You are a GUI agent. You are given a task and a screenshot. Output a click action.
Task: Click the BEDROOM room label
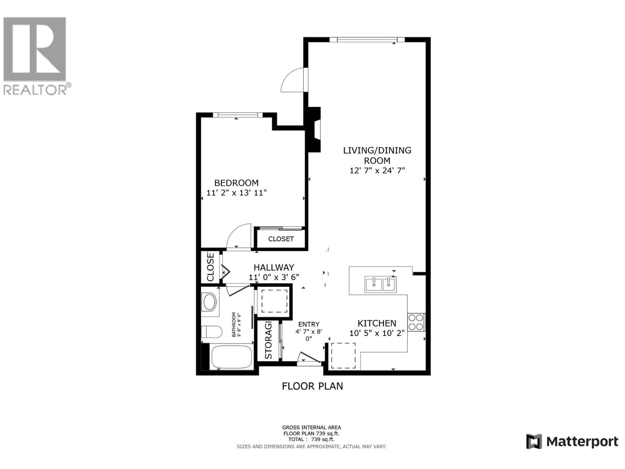[x=236, y=183]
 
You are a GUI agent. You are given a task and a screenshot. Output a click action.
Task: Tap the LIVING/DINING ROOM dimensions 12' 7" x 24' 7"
[x=377, y=170]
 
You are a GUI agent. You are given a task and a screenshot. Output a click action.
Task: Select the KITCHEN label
[x=377, y=323]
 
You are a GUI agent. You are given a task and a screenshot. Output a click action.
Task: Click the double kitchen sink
[x=380, y=284]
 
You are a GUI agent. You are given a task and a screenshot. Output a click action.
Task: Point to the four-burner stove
[x=416, y=322]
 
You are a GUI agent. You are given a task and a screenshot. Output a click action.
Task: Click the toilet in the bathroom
[x=211, y=332]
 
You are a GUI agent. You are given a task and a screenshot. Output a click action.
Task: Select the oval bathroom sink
[x=210, y=302]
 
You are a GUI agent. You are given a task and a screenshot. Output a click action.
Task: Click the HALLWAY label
[x=273, y=268]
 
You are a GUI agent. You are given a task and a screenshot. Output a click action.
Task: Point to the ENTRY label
[x=309, y=324]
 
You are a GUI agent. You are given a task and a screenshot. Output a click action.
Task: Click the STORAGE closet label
[x=268, y=341]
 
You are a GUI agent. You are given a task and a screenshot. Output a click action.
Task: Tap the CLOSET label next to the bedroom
[x=281, y=239]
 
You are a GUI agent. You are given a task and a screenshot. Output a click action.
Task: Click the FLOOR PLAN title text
[x=312, y=386]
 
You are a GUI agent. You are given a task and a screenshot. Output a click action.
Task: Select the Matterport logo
[x=572, y=442]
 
